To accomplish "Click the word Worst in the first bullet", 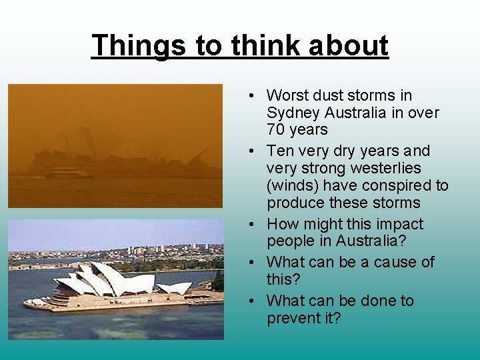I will pos(287,96).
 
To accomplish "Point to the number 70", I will pos(276,129).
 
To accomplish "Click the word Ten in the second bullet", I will pos(280,151).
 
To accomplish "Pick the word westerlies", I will pos(388,168).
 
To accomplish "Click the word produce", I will pos(297,203).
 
